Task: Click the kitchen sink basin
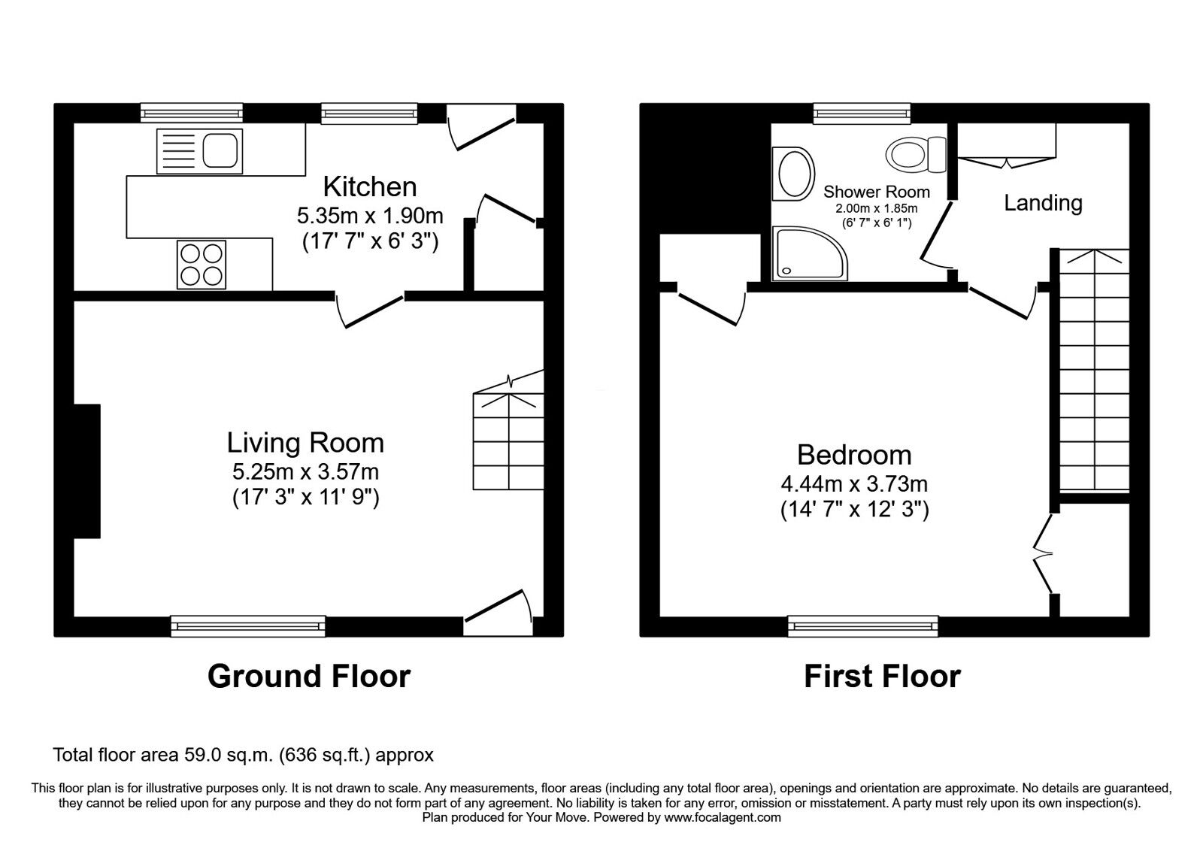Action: [x=220, y=150]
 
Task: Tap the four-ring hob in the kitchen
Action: [x=202, y=265]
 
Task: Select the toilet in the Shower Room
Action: [x=916, y=154]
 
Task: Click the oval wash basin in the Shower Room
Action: [x=793, y=174]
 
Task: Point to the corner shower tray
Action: [x=809, y=253]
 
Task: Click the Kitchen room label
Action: [x=370, y=187]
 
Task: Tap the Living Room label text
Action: [x=305, y=443]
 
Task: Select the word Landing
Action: [x=1043, y=204]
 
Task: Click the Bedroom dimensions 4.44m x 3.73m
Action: [x=854, y=484]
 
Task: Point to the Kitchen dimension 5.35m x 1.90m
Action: [x=370, y=216]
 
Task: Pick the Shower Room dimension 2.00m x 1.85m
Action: [x=877, y=208]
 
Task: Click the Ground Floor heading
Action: [x=309, y=676]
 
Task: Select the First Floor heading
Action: [x=883, y=676]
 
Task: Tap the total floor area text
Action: [x=244, y=755]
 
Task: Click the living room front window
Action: [x=248, y=626]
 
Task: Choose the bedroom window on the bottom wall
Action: [x=863, y=626]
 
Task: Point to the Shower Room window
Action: [x=862, y=114]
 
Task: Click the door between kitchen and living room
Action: [x=369, y=310]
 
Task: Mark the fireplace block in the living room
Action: [x=87, y=471]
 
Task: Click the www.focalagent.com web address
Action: [x=723, y=818]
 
